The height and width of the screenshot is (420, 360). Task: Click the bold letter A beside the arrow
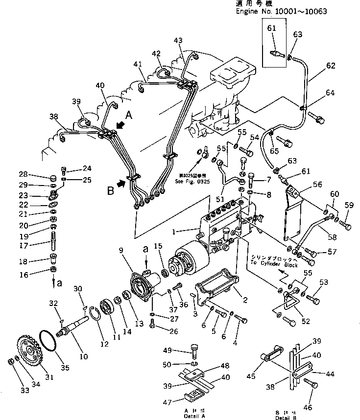[x=128, y=115]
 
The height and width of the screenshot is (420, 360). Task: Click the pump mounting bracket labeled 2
[x=216, y=289]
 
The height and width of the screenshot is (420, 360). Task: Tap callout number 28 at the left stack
[x=24, y=174]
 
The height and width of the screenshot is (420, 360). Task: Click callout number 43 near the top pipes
[x=177, y=40]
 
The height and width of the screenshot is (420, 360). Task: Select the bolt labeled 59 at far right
[x=344, y=226]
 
